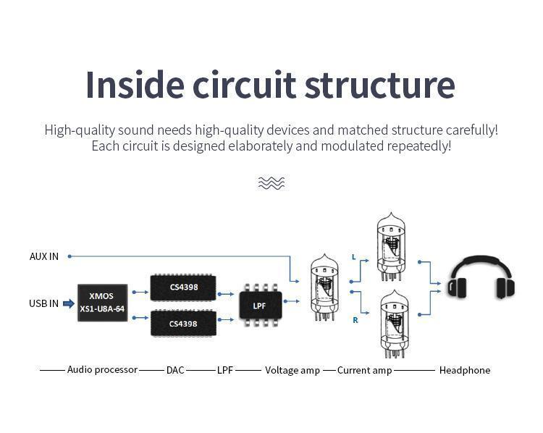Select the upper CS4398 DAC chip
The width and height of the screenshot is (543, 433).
tap(183, 287)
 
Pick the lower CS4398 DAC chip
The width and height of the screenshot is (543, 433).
tap(183, 323)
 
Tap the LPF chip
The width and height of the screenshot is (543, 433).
tap(259, 306)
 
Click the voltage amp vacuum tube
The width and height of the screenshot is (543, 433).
tap(324, 287)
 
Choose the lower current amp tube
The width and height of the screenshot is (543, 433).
tap(391, 324)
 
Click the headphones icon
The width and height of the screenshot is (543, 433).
tap(481, 278)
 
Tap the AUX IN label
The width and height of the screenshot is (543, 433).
tap(44, 256)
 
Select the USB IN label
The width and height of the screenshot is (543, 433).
tap(44, 303)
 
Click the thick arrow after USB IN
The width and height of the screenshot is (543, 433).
tap(69, 303)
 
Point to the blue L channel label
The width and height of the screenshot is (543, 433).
tap(353, 257)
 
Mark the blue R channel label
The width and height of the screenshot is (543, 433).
tap(355, 319)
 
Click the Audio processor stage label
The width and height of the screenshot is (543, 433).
tap(102, 369)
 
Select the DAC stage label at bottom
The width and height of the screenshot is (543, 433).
tap(175, 370)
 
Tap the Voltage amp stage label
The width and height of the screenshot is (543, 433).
tap(292, 370)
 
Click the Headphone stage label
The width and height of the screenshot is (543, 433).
tap(464, 370)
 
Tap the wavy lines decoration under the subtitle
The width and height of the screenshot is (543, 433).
tap(271, 183)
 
